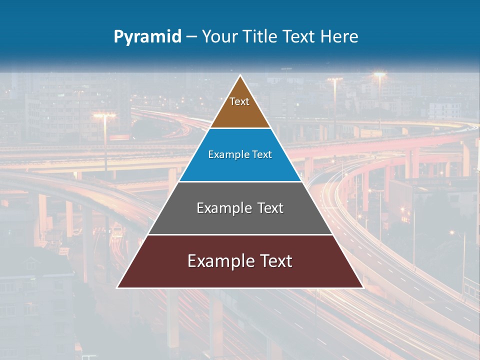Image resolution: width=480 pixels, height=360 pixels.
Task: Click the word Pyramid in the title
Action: pyautogui.click(x=147, y=37)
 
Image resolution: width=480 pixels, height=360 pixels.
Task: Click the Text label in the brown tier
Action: pyautogui.click(x=239, y=101)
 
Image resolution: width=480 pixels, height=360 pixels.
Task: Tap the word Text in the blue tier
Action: pyautogui.click(x=262, y=155)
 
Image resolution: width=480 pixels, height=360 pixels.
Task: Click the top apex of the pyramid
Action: pyautogui.click(x=240, y=76)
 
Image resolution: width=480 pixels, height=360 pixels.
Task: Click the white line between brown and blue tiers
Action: pyautogui.click(x=240, y=128)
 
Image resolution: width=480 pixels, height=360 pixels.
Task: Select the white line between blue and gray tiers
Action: pyautogui.click(x=240, y=181)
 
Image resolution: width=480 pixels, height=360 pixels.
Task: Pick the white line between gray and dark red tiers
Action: pyautogui.click(x=240, y=234)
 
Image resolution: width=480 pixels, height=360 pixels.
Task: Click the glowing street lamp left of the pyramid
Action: pyautogui.click(x=104, y=115)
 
